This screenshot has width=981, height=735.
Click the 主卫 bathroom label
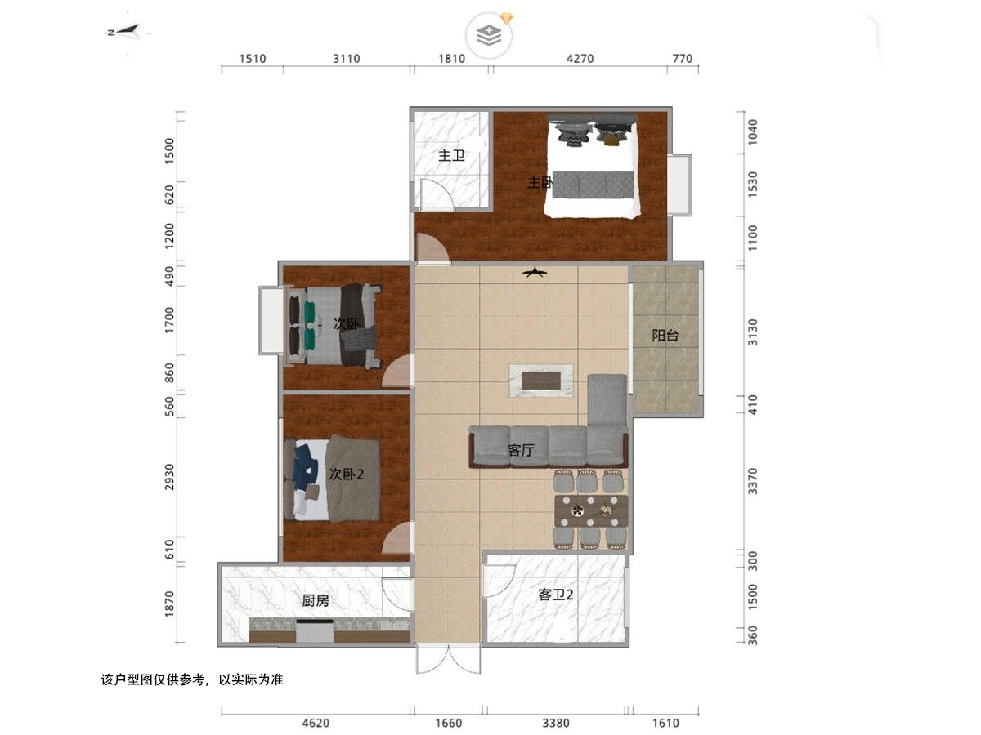[x=451, y=156]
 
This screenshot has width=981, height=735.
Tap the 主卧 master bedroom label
[x=540, y=182]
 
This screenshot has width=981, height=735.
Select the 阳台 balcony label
[x=665, y=335]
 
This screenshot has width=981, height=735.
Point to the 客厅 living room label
[x=521, y=450]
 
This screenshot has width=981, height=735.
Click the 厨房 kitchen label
[x=316, y=601]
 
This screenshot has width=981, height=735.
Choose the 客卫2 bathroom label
[x=556, y=595]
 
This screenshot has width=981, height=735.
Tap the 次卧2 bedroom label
[x=347, y=474]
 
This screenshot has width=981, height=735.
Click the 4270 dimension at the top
[x=580, y=59]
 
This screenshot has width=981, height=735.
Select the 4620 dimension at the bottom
[x=316, y=723]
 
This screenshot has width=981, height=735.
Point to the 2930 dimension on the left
[x=169, y=477]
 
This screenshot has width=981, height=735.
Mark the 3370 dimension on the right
[x=753, y=481]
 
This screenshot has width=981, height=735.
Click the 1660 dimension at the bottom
[x=449, y=723]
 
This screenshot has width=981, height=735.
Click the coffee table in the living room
[x=541, y=381]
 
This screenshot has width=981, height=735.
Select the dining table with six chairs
[x=591, y=510]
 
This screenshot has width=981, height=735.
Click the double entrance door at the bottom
[x=449, y=659]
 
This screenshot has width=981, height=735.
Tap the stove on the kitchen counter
[x=315, y=630]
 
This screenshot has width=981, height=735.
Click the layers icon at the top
[x=489, y=36]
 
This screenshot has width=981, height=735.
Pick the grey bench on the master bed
[x=593, y=185]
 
